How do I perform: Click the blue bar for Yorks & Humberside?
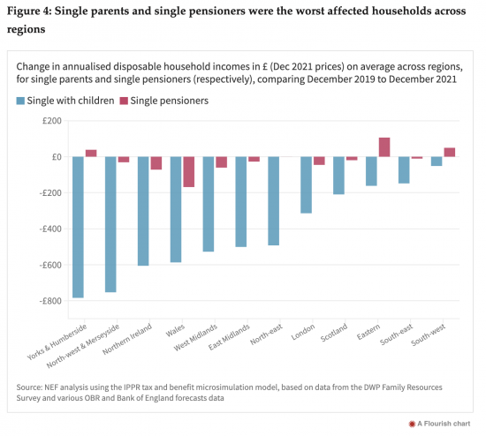pos(78,227)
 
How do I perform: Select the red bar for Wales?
pos(189,172)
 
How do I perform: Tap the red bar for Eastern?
pos(384,147)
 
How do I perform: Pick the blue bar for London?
pos(307,184)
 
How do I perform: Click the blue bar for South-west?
pos(437,162)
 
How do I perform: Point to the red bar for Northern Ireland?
pos(156,163)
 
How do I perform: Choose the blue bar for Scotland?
pos(338,176)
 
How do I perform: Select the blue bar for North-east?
pos(274,201)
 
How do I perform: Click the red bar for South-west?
pos(450,153)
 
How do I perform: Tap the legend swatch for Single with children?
pos(20,101)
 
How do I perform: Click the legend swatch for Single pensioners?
pos(124,101)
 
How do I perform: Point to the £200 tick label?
pos(52,120)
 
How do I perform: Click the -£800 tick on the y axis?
pos(50,301)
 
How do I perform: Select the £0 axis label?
pos(57,157)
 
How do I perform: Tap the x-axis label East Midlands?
pos(229,337)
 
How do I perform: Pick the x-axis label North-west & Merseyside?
pos(83,346)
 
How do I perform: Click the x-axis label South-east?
pos(397,335)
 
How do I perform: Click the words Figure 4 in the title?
pos(29,11)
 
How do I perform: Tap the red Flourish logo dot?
pos(412,424)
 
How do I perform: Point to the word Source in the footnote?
pos(29,387)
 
